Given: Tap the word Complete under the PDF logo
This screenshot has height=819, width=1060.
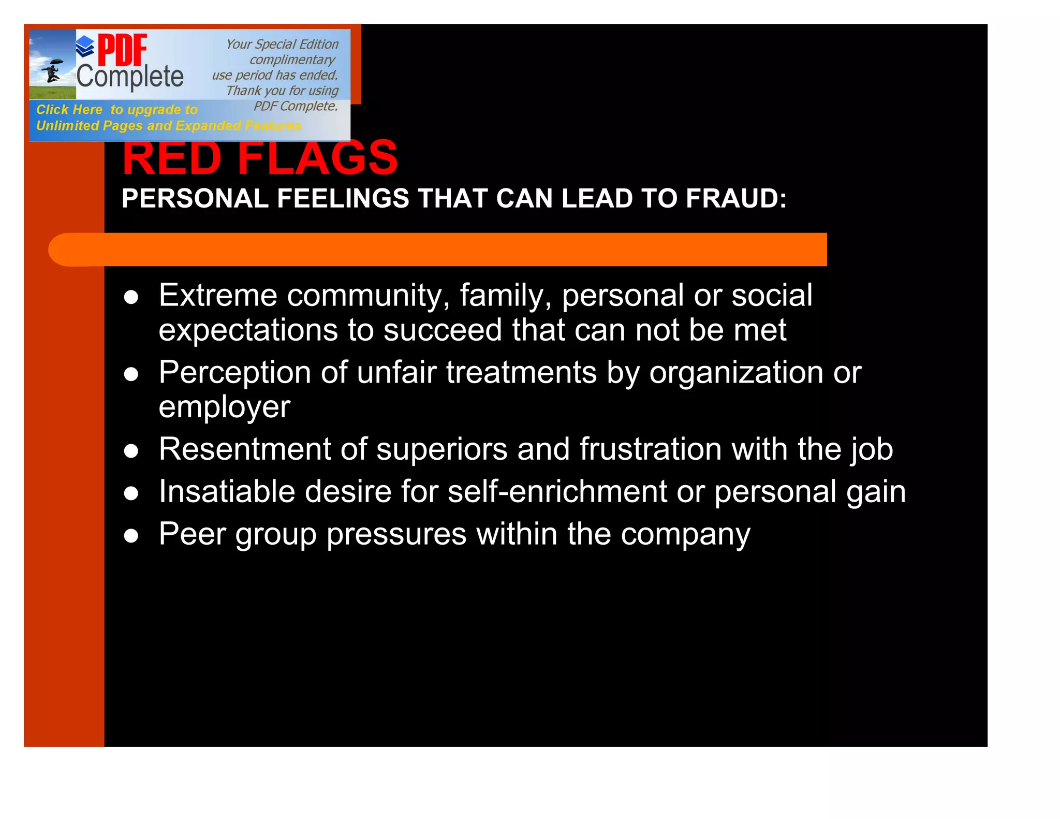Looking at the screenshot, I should point(130,77).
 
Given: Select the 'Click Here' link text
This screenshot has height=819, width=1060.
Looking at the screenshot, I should point(69,110).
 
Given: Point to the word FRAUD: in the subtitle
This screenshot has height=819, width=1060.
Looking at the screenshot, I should point(736,199).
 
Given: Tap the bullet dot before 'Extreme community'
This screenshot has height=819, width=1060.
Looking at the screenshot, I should point(131,297).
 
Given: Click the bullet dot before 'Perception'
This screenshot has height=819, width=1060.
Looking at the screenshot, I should point(131,374).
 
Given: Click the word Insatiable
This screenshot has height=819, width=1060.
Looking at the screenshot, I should point(227,491).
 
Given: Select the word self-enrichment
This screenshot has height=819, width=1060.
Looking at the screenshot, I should point(557,491).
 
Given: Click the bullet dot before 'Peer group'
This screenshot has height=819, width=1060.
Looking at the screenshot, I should point(131,535).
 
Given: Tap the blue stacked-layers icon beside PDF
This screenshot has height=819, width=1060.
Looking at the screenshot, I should point(85,47).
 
